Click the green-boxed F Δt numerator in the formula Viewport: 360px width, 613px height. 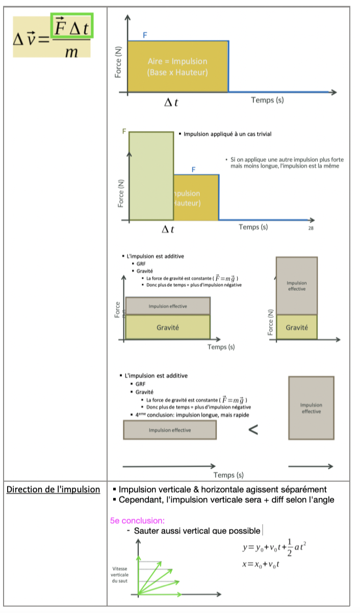click(71, 28)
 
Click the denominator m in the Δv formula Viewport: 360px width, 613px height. click(71, 50)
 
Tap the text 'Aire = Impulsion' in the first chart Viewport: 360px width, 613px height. click(177, 62)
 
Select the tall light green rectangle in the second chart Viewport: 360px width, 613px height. click(151, 176)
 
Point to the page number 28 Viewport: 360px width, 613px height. click(311, 228)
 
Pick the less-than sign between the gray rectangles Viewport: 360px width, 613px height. click(253, 430)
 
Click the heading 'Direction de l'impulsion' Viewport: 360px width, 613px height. click(53, 490)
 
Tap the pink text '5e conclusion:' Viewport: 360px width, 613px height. click(137, 521)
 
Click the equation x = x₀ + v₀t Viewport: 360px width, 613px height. click(263, 564)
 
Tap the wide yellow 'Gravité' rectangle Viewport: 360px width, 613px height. click(167, 327)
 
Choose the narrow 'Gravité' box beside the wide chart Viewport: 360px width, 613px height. click(296, 327)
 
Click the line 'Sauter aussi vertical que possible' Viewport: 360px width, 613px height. click(197, 531)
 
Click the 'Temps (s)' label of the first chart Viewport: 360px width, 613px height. click(267, 100)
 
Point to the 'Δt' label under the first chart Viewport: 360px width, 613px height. click(171, 103)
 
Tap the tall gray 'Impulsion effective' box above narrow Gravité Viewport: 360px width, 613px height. click(296, 286)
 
